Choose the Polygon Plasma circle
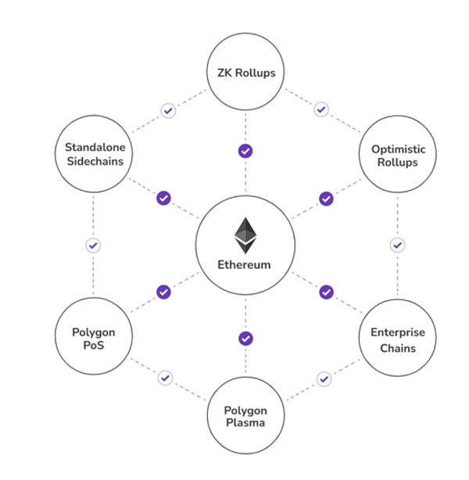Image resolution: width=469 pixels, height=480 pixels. pos(245,416)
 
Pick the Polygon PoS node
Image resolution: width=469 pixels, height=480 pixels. pos(93,335)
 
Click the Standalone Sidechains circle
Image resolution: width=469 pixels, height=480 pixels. pos(93,154)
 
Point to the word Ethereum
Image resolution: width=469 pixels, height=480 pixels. pos(245,265)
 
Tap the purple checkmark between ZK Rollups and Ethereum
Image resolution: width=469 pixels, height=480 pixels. pos(245,150)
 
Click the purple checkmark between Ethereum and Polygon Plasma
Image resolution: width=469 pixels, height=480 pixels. pos(245,339)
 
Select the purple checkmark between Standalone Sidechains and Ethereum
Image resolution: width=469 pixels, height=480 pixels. pos(163,199)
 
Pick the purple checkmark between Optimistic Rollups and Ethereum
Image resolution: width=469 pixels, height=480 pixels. pos(327,199)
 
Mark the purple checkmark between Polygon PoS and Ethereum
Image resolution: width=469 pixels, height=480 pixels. pos(163,292)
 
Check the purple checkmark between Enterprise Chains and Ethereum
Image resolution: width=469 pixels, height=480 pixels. pos(327,292)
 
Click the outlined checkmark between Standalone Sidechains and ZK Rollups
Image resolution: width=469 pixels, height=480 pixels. pos(168,110)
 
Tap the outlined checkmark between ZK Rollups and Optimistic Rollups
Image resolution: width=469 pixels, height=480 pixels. pos(320,109)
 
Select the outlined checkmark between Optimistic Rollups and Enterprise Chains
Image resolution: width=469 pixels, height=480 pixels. pos(397,245)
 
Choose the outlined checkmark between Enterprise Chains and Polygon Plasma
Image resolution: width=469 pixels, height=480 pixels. pos(324,379)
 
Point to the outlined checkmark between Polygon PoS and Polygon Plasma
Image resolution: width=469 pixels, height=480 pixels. pos(165,378)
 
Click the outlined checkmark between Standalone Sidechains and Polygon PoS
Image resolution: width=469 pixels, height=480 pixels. pos(93,245)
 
